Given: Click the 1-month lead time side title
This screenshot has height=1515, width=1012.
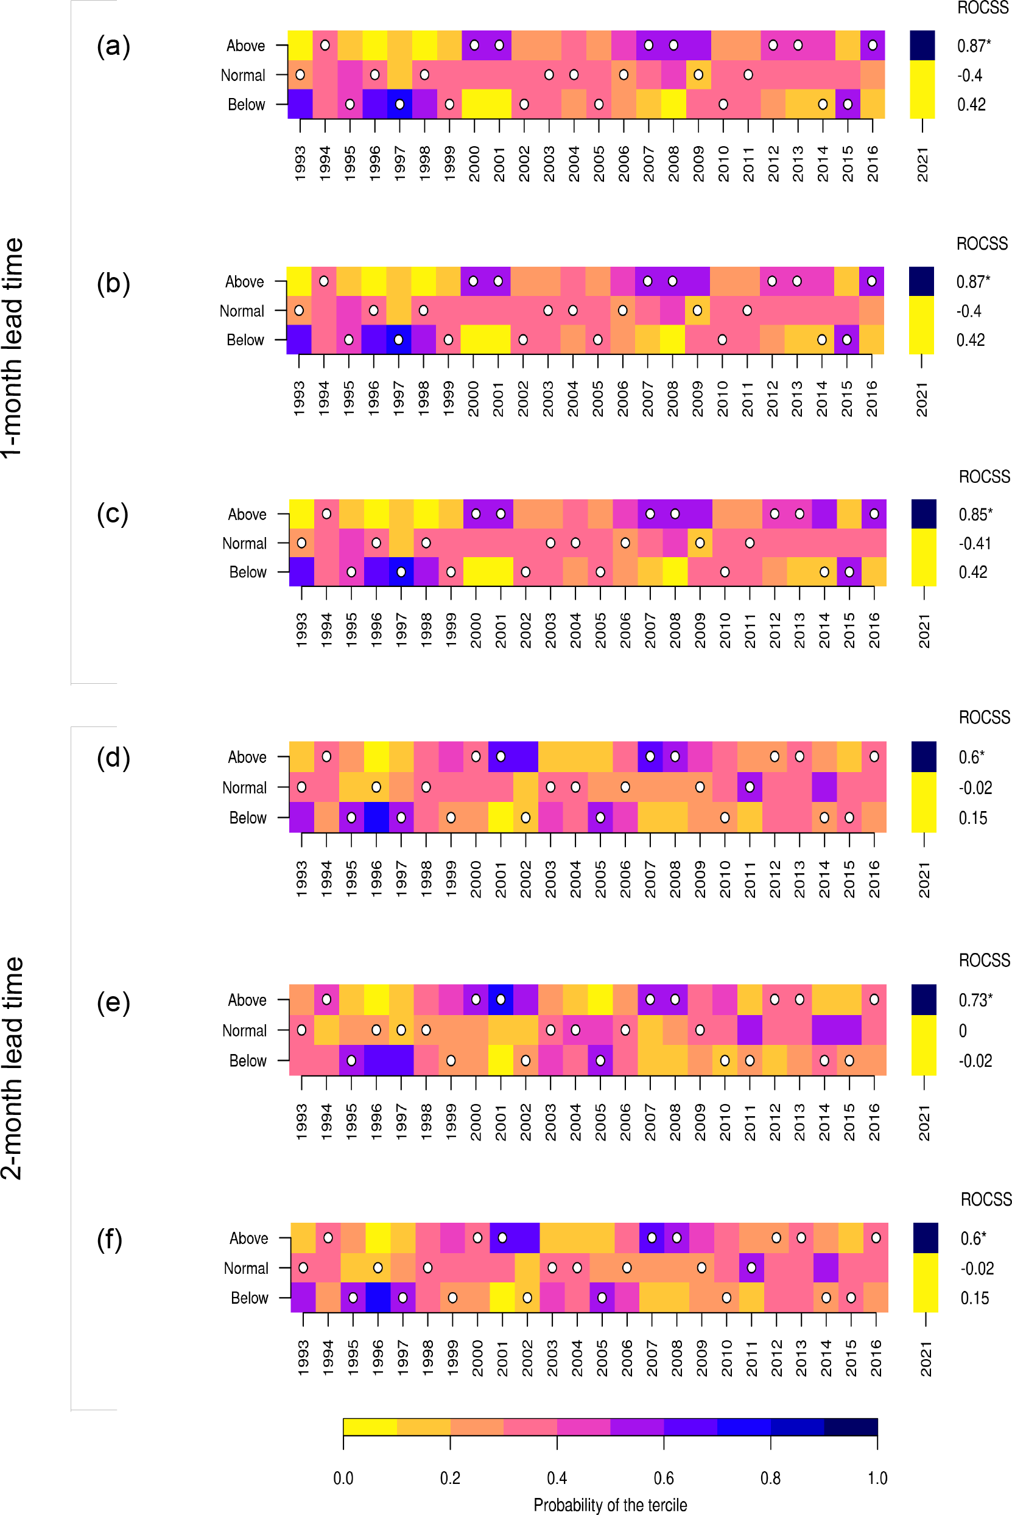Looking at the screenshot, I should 13,348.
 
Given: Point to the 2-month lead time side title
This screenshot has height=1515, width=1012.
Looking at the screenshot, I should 13,1068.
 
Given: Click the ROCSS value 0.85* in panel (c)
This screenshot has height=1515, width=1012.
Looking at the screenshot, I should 975,515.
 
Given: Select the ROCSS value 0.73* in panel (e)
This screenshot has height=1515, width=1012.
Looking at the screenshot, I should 975,1000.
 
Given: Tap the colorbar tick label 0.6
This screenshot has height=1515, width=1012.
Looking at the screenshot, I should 664,1478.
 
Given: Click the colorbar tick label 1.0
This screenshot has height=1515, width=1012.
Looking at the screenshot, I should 877,1478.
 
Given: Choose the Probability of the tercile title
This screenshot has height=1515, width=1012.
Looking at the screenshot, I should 610,1505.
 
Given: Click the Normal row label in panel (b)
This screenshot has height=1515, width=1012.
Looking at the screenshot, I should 242,311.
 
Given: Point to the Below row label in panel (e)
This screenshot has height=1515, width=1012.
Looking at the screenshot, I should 248,1061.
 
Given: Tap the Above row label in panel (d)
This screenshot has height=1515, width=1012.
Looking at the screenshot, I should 247,757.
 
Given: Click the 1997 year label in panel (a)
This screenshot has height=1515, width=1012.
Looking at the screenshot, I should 400,164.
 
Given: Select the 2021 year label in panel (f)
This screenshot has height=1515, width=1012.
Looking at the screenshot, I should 926,1359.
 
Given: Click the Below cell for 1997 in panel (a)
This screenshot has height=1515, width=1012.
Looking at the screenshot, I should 400,105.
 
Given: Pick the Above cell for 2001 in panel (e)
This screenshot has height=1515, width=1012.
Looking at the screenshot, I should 501,999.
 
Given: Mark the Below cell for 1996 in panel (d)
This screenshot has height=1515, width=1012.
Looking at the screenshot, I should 376,818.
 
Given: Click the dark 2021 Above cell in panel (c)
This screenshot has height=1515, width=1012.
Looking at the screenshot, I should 924,515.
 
